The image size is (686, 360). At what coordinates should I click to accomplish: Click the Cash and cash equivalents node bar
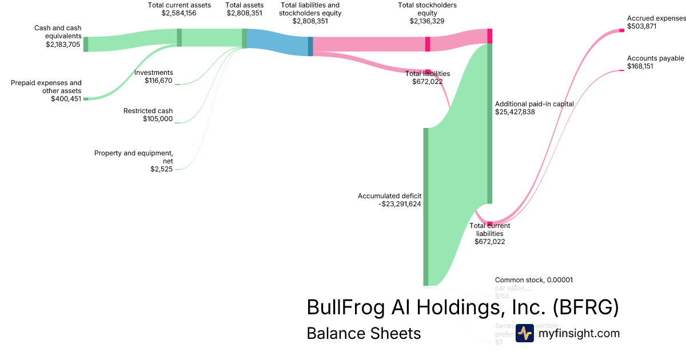[86, 44]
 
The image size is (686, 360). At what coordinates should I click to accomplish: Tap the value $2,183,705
[63, 44]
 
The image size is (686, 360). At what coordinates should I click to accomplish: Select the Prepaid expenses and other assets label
[46, 87]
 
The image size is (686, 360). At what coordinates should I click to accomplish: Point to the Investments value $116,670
[159, 81]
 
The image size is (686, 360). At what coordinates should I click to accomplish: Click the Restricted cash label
[148, 111]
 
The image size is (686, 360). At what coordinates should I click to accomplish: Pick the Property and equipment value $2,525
[161, 169]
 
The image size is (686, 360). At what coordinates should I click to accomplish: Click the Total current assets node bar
[180, 37]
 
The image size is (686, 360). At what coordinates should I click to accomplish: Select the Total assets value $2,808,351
[245, 13]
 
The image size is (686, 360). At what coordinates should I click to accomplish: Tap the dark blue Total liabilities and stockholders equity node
[310, 46]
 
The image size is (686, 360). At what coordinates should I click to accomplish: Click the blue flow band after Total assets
[277, 42]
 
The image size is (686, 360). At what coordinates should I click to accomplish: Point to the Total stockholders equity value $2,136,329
[427, 21]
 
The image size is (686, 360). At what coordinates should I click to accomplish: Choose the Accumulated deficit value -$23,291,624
[400, 204]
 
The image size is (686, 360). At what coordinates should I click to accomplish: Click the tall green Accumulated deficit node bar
[425, 206]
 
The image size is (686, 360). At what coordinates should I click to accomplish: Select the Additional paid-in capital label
[535, 104]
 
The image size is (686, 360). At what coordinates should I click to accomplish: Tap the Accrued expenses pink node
[622, 30]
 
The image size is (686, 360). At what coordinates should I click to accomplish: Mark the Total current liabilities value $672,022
[489, 242]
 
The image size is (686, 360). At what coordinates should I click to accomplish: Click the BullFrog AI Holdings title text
[462, 307]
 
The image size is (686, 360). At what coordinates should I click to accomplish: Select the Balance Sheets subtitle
[364, 333]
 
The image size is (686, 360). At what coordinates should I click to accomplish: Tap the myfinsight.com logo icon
[524, 333]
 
